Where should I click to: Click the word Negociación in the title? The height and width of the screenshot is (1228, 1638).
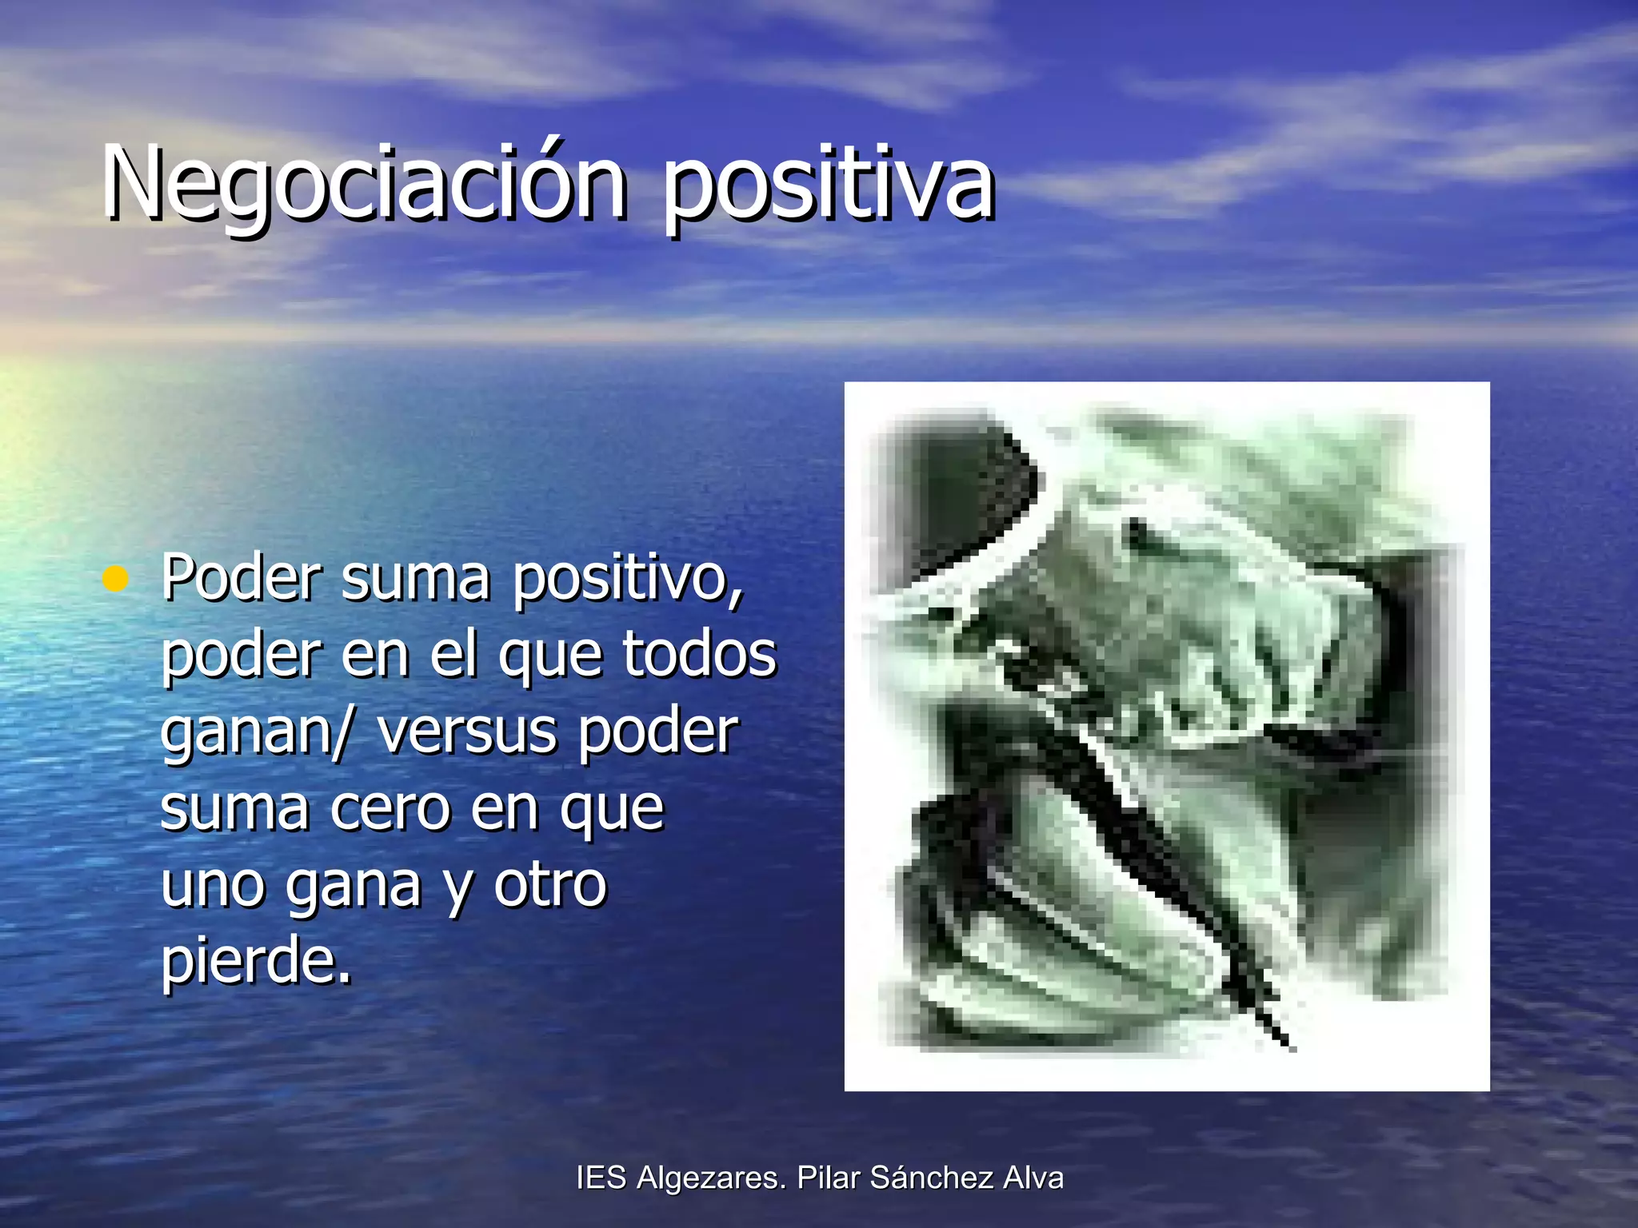(364, 184)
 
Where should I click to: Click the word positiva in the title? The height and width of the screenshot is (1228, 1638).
(828, 188)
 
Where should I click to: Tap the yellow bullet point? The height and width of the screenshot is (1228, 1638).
(116, 578)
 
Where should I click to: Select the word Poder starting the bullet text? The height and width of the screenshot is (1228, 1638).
(241, 576)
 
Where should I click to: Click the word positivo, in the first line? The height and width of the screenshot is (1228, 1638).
(628, 580)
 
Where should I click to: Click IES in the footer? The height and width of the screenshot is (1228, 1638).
(601, 1178)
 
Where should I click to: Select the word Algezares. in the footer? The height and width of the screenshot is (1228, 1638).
(712, 1178)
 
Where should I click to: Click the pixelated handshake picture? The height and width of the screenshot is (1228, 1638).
(1166, 736)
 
